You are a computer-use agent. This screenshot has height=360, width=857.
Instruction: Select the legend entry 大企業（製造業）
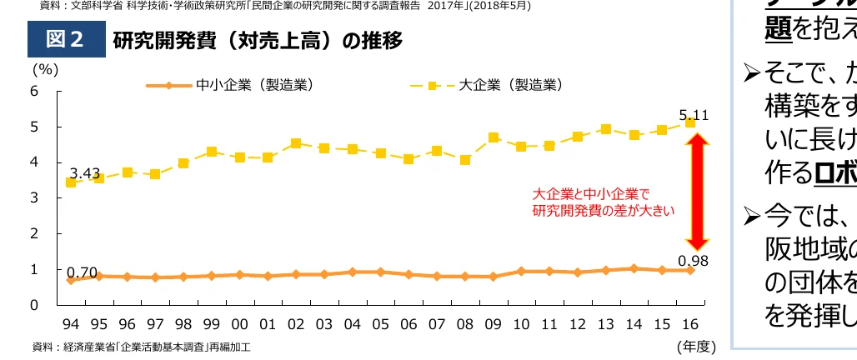pos(510,84)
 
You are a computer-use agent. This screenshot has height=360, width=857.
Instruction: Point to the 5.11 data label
pos(694,115)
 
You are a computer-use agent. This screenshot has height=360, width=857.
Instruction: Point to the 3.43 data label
pos(85,173)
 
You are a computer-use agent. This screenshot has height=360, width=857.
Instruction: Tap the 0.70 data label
pos(83,272)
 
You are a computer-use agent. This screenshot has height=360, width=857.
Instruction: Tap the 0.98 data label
pos(693,259)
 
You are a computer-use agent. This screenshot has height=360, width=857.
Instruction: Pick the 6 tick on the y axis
pos(34,91)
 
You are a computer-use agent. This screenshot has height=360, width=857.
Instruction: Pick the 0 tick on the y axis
pos(34,305)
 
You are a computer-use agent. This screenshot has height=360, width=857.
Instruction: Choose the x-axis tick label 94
pos(70,322)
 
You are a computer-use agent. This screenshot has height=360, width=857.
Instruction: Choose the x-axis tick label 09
pos(493,322)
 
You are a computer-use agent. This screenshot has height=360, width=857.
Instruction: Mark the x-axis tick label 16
pos(690,322)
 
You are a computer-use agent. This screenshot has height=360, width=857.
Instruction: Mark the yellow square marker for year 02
pos(296,143)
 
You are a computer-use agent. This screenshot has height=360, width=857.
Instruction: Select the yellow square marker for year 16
pos(690,122)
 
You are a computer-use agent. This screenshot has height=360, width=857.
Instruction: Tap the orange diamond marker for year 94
pos(70,280)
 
